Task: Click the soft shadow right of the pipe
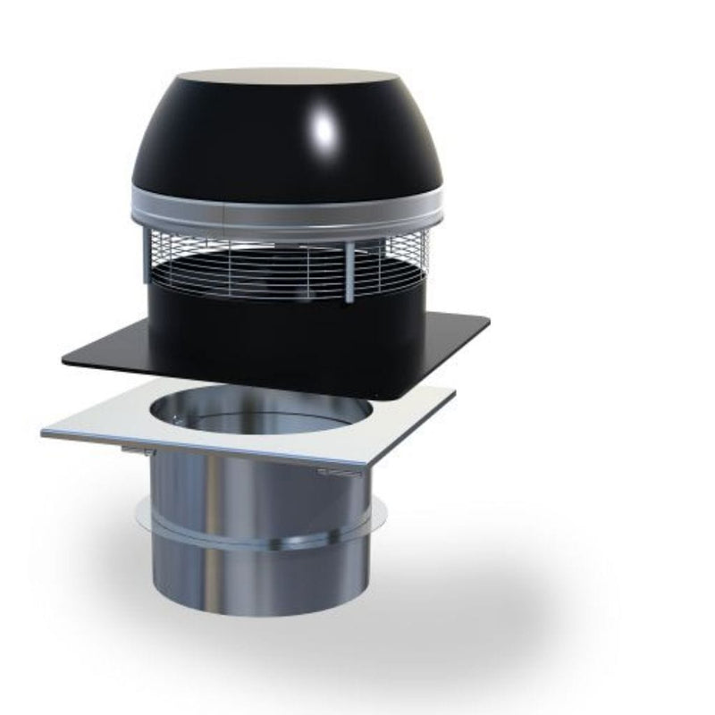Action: point(465,608)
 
